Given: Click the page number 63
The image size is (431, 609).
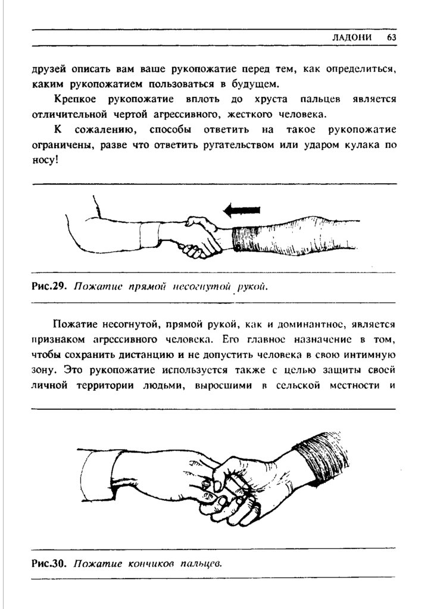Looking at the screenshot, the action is click(x=391, y=37).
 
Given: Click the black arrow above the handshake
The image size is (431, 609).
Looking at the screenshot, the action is click(x=242, y=209).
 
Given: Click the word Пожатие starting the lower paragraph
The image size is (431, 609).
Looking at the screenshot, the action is click(x=73, y=324).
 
